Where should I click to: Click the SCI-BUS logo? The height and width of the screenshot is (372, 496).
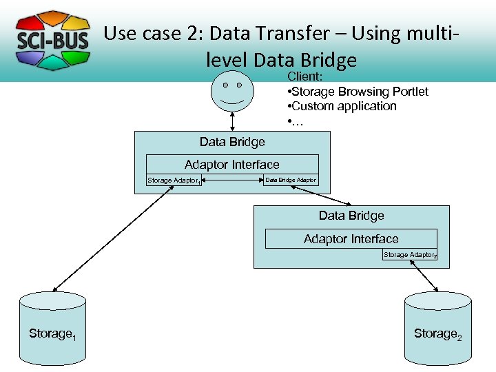point(52,40)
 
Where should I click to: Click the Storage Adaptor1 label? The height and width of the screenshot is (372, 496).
point(174,180)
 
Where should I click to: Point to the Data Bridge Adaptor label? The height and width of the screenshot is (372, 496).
point(291,180)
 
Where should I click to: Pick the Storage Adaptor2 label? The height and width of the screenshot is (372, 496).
point(410,255)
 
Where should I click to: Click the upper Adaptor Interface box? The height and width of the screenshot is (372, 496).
point(232,165)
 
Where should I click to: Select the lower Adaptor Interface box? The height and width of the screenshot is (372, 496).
point(351,239)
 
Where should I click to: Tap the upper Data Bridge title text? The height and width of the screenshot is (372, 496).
point(232,142)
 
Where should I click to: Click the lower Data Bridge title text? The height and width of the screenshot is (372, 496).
point(351,216)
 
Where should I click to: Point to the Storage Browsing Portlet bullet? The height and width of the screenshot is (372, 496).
point(358,92)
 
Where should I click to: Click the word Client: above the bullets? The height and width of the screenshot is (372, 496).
point(305,76)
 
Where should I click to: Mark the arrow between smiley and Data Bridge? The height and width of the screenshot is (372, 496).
point(232,121)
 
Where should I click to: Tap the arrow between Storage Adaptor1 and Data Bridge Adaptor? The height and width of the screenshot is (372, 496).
point(233,180)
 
